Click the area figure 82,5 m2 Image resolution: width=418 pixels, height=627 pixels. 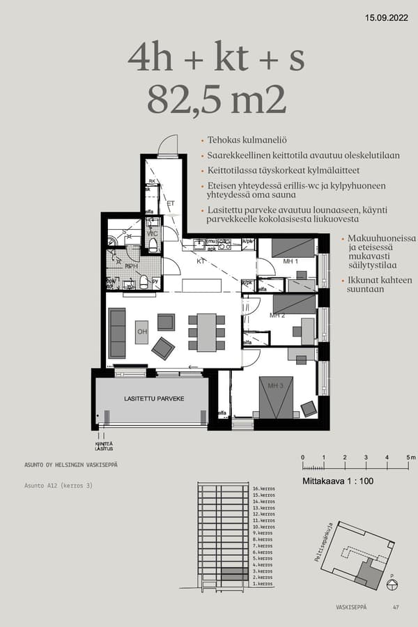[216, 100]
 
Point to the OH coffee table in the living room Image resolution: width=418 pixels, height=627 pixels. [141, 332]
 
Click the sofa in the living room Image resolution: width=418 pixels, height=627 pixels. [117, 332]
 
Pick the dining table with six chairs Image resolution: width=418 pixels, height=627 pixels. [206, 332]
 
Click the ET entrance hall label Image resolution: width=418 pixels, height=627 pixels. [169, 204]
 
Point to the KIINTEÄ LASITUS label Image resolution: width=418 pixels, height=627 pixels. [104, 445]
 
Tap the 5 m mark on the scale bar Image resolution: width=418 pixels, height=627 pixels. [408, 457]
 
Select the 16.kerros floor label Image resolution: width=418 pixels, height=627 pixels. [263, 489]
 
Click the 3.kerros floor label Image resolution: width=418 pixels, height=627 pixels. [263, 571]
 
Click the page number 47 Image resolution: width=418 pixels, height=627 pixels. [396, 607]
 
